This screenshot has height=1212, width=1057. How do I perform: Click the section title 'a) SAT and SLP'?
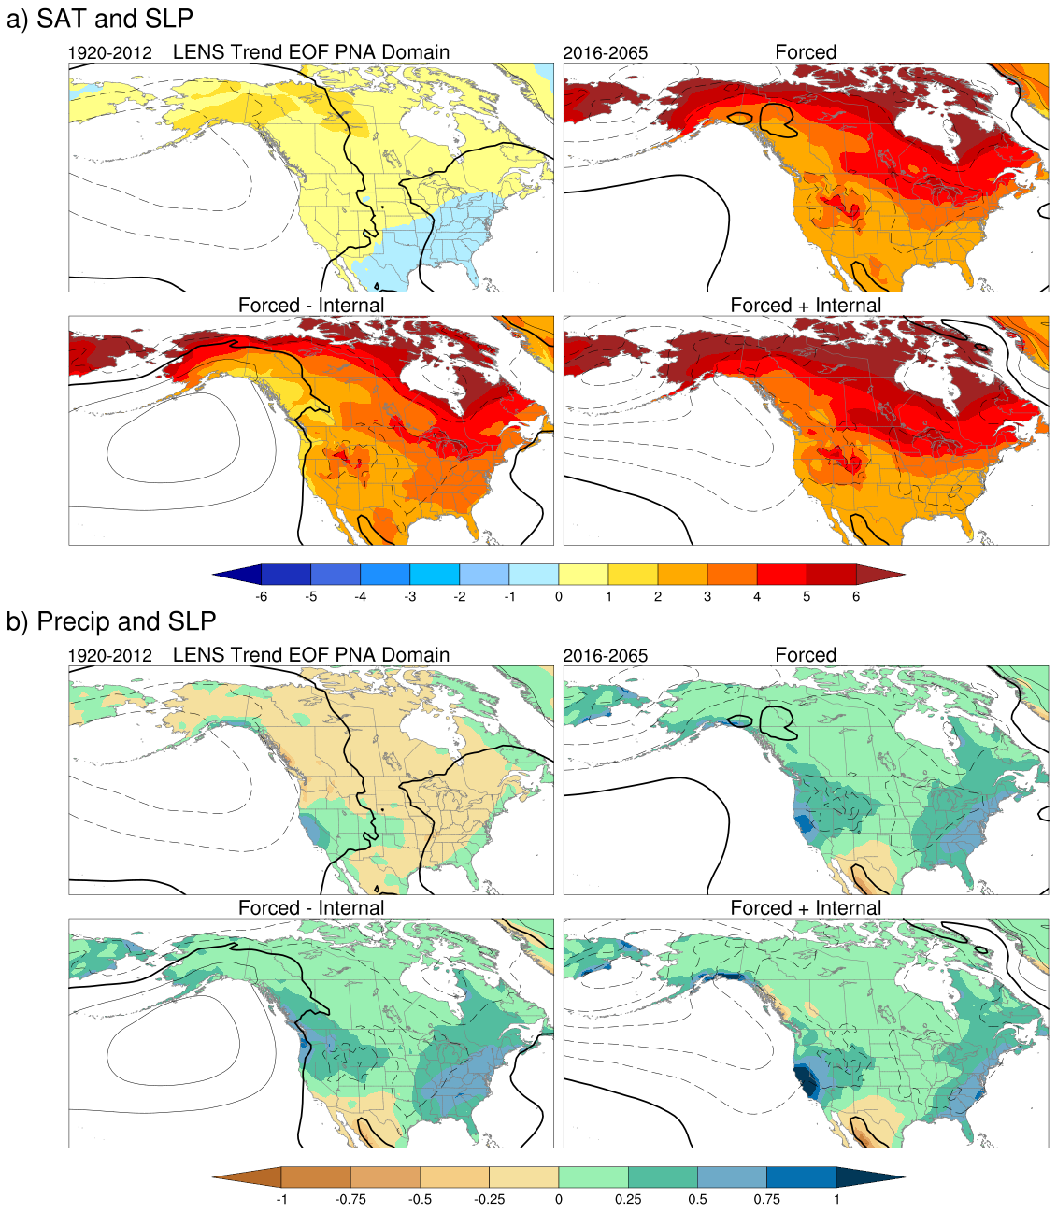pos(100,19)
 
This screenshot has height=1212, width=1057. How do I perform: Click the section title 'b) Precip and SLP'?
pos(111,621)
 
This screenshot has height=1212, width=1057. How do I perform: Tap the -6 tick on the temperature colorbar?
pos(262,596)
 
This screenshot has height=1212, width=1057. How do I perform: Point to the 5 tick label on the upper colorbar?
pos(807,596)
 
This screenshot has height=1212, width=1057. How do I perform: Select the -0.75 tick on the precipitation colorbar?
pos(350,1199)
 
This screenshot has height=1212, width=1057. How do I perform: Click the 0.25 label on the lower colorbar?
pos(628,1199)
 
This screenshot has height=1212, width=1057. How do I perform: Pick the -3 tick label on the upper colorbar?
pos(409,596)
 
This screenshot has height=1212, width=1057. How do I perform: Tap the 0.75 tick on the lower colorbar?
pos(766,1199)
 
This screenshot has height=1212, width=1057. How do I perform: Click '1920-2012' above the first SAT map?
pos(110,53)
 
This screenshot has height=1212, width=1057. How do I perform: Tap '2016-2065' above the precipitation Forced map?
pos(605,656)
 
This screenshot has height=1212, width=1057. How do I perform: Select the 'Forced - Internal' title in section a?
pos(311,306)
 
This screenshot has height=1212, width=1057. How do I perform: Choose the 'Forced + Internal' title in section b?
pos(806,908)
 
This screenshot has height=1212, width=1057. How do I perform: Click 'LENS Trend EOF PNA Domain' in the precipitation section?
pos(311,655)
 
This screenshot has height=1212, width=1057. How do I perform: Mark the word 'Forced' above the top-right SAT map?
pos(806,52)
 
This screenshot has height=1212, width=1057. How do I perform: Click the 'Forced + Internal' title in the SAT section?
pos(806,306)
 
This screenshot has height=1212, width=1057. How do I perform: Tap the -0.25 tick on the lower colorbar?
pos(489,1199)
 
